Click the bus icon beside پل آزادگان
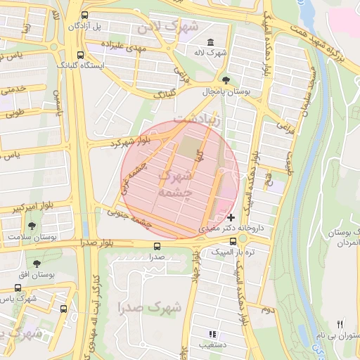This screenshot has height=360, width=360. tap(85, 15)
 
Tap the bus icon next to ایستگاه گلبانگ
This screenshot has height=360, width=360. tap(80, 54)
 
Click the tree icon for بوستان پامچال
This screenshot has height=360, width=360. tap(225, 80)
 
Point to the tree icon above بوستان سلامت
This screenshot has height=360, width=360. tap(32, 226)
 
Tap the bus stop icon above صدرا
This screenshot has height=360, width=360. tap(156, 246)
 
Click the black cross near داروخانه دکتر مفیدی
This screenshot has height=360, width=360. tap(231, 218)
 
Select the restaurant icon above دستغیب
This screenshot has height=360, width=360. tap(212, 334)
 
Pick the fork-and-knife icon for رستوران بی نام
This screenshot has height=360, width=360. tap(340, 324)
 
